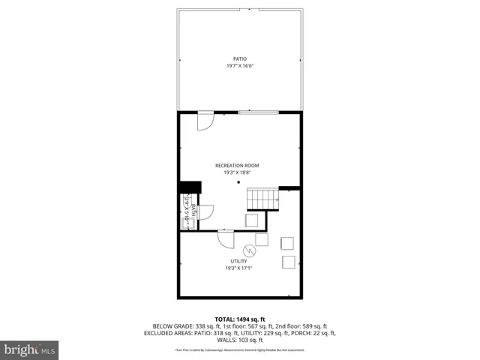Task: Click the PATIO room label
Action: pyautogui.click(x=239, y=58)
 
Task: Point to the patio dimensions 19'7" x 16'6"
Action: pyautogui.click(x=239, y=66)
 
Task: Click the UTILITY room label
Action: pyautogui.click(x=239, y=261)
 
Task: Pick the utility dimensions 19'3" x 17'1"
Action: pyautogui.click(x=239, y=268)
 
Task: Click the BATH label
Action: pyautogui.click(x=193, y=211)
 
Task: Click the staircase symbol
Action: pyautogui.click(x=263, y=199)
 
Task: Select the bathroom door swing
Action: pyautogui.click(x=207, y=212)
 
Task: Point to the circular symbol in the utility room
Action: pyautogui.click(x=249, y=250)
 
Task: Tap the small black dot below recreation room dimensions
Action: pyautogui.click(x=238, y=182)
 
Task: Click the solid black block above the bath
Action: pyautogui.click(x=190, y=187)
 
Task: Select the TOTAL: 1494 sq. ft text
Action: pyautogui.click(x=239, y=319)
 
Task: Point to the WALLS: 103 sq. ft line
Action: pyautogui.click(x=239, y=340)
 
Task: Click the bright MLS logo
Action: pyautogui.click(x=30, y=349)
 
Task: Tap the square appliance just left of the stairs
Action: pyautogui.click(x=252, y=219)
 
